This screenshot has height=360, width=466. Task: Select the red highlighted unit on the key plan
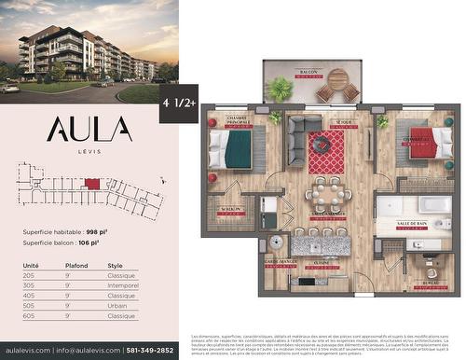click(x=92, y=184)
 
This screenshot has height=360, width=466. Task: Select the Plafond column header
click(x=75, y=266)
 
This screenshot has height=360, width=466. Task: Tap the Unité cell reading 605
click(x=30, y=316)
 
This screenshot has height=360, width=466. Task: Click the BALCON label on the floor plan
click(x=307, y=72)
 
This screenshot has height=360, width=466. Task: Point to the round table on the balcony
click(x=337, y=78)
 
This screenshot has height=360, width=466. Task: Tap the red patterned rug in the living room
click(x=326, y=152)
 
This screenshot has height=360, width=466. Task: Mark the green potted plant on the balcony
click(x=280, y=89)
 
